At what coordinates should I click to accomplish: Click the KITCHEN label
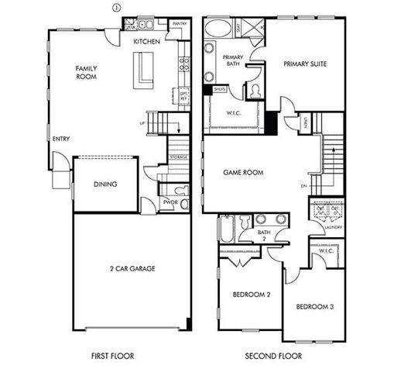146,41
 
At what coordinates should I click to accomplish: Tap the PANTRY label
180,24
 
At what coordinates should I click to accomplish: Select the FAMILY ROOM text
86,72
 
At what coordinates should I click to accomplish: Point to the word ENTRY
61,139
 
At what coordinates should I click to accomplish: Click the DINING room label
104,184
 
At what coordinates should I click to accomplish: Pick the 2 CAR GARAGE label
132,268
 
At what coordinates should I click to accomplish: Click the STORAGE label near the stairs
178,157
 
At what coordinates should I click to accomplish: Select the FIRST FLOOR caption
112,356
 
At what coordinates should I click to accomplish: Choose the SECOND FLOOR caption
273,356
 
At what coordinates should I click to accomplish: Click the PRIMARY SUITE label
303,64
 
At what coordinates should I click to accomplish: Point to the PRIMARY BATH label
233,62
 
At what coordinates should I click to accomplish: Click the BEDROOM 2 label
252,294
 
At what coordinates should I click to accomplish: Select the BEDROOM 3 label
315,307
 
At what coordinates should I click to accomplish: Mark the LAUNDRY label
334,227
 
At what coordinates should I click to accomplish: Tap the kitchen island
143,70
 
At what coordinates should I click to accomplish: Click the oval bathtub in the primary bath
217,29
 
